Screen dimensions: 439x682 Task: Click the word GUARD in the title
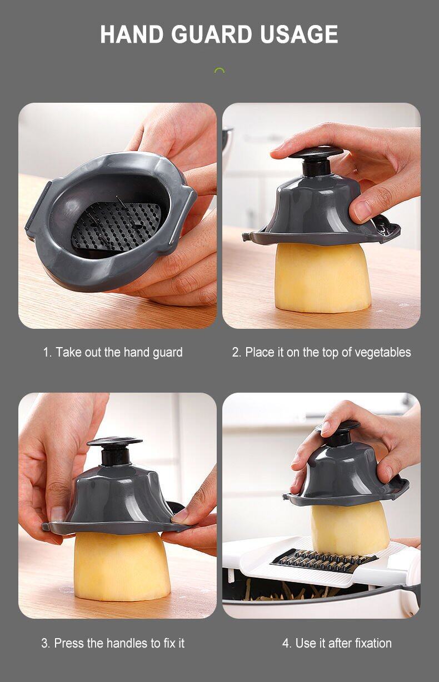click(211, 34)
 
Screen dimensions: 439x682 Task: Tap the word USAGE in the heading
click(299, 34)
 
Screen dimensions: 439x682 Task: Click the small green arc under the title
click(219, 70)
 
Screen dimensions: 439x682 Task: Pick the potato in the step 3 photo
click(122, 567)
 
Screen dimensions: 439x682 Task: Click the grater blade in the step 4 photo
click(323, 559)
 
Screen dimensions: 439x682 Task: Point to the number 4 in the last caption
click(286, 643)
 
